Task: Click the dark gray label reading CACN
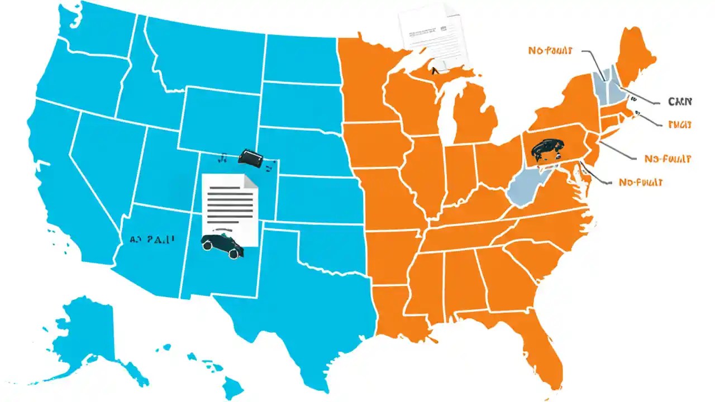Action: (x=680, y=102)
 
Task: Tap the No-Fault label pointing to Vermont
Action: (x=550, y=51)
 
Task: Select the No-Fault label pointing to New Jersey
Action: (x=668, y=159)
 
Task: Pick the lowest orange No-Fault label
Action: (x=641, y=183)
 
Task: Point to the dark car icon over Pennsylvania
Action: (x=545, y=150)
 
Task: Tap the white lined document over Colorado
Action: (x=229, y=204)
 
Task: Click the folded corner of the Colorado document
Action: (x=250, y=181)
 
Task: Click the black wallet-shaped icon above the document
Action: (x=250, y=157)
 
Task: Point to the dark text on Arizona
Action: (x=152, y=239)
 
